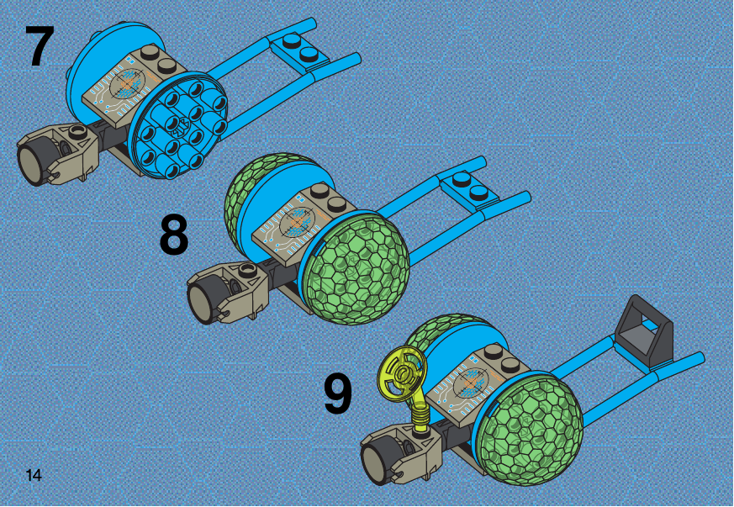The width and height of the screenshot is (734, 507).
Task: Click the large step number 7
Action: pyautogui.click(x=40, y=45)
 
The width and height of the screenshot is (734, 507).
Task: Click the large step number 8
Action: pyautogui.click(x=174, y=235)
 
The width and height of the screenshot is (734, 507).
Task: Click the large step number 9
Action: pyautogui.click(x=337, y=395)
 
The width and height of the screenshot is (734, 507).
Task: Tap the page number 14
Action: pyautogui.click(x=34, y=475)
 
